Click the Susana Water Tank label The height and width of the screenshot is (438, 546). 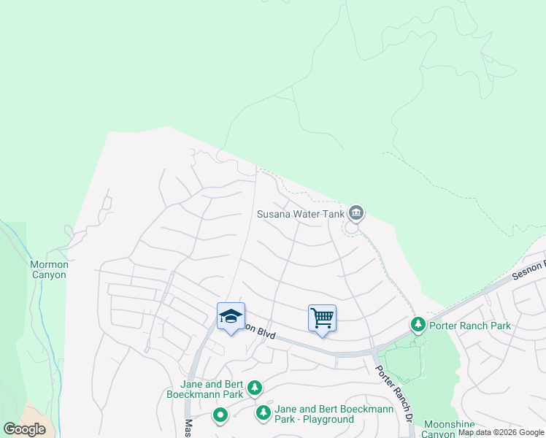[x=300, y=214]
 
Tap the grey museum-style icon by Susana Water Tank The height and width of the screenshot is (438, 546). [x=356, y=213]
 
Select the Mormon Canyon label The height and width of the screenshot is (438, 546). [x=49, y=269]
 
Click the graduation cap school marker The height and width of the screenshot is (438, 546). [x=231, y=317]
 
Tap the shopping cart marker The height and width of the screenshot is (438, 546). [x=322, y=318]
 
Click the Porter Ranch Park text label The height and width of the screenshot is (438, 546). [x=470, y=326]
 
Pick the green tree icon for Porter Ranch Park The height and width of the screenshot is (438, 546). [x=418, y=323]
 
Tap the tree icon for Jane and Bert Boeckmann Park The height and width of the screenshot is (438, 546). [x=254, y=387]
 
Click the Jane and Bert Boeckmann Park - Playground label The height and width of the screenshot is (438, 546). [x=334, y=414]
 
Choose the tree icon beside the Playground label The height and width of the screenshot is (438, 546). [x=264, y=414]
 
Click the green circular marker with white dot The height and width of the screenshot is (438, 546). [x=220, y=416]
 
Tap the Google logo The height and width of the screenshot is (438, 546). [x=24, y=429]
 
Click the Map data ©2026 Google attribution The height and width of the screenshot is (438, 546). [x=501, y=433]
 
